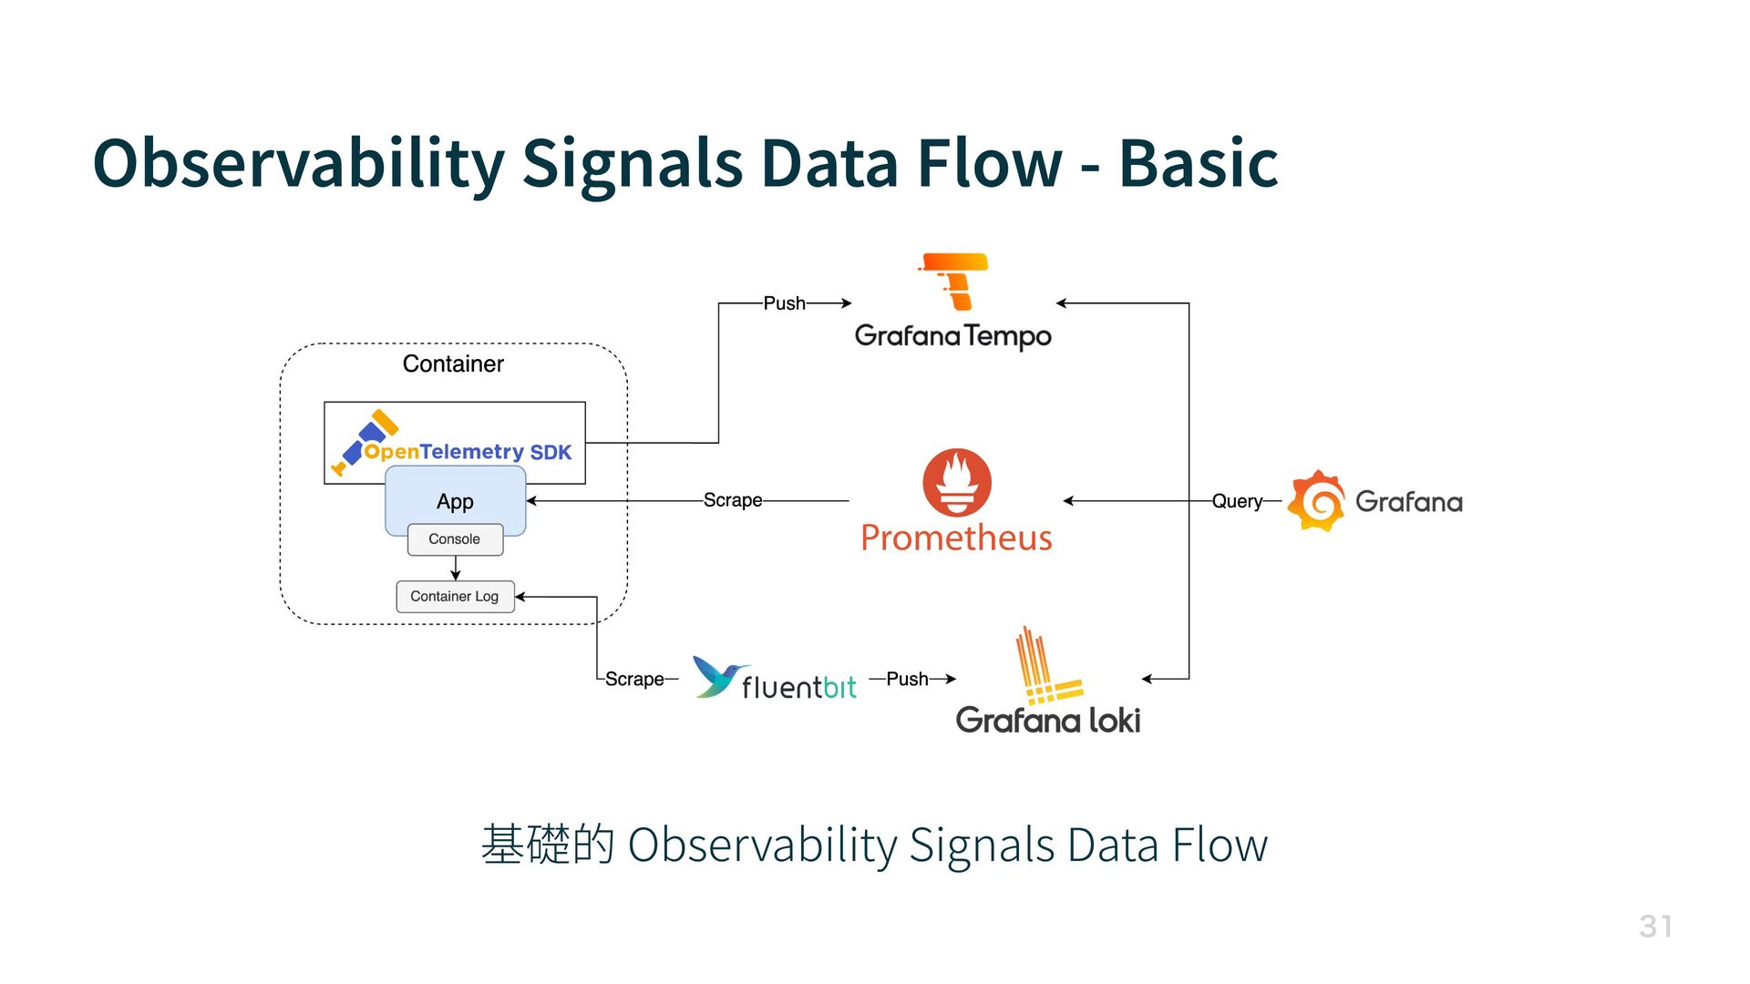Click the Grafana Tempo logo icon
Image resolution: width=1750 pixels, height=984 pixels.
(x=955, y=282)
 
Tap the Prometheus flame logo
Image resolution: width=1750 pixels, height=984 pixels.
(x=956, y=482)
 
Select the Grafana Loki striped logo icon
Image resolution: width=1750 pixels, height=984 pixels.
(x=1046, y=668)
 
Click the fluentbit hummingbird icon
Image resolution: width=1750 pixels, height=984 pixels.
(x=719, y=677)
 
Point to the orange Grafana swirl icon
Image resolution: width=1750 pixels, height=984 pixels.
(x=1316, y=501)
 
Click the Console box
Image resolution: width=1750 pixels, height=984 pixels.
(x=455, y=539)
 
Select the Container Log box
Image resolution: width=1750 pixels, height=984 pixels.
(x=455, y=597)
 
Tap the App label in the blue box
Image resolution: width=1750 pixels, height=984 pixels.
(x=455, y=502)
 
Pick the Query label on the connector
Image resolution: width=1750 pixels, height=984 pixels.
(x=1237, y=501)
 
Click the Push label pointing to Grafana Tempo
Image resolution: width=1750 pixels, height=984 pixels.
(x=784, y=303)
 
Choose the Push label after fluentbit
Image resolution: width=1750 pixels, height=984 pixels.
(x=907, y=679)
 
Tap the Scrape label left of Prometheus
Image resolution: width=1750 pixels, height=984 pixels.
(x=733, y=500)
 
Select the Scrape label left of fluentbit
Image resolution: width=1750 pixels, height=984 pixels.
(x=634, y=679)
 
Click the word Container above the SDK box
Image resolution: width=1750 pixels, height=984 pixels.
(x=453, y=364)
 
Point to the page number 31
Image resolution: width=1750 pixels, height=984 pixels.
(x=1655, y=927)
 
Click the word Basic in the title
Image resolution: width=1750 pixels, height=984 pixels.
(x=1198, y=164)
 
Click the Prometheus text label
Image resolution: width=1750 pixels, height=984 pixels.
(x=956, y=538)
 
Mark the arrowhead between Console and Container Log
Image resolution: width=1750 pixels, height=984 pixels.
(x=456, y=574)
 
